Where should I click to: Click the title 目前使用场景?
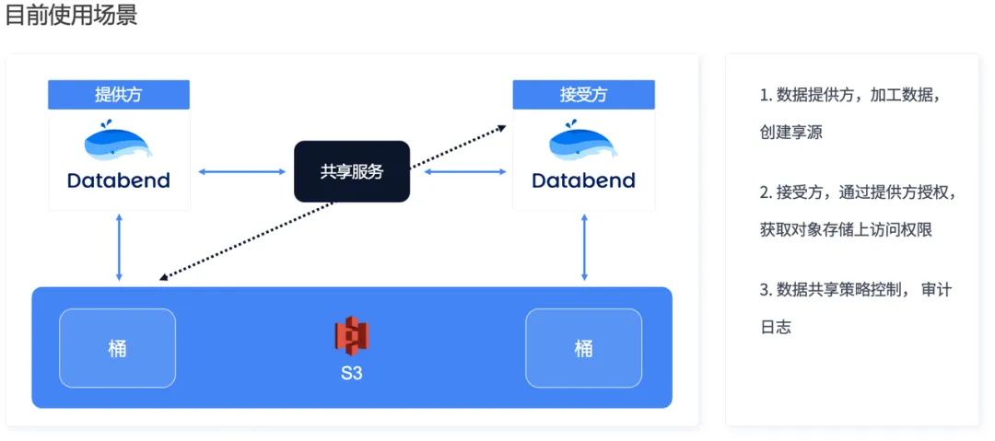pyautogui.click(x=72, y=16)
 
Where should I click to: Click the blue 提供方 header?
pyautogui.click(x=119, y=95)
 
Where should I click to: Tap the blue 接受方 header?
pyautogui.click(x=583, y=95)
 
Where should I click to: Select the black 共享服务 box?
pyautogui.click(x=351, y=171)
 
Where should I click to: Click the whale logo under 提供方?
pyautogui.click(x=119, y=144)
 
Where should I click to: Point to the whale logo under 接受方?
pyautogui.click(x=583, y=144)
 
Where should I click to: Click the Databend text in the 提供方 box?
pyautogui.click(x=119, y=180)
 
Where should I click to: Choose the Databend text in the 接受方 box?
pyautogui.click(x=583, y=180)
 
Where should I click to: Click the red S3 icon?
pyautogui.click(x=351, y=336)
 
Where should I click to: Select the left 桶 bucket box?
pyautogui.click(x=117, y=348)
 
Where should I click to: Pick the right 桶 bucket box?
pyautogui.click(x=583, y=348)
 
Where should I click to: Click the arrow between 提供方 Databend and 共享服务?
pyautogui.click(x=242, y=171)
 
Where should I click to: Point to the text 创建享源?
pyautogui.click(x=790, y=133)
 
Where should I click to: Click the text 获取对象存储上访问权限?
pyautogui.click(x=846, y=230)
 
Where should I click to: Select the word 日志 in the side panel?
pyautogui.click(x=775, y=327)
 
